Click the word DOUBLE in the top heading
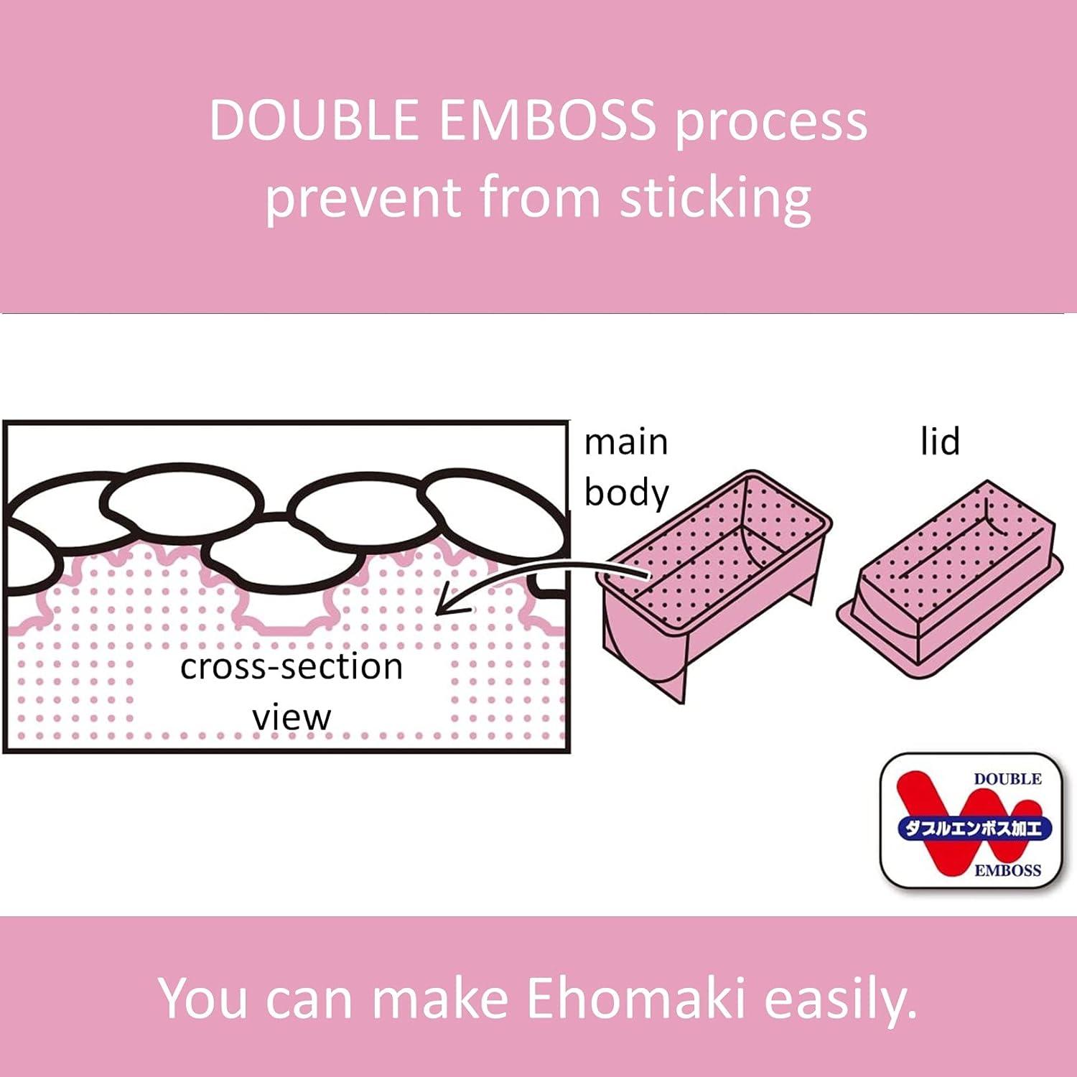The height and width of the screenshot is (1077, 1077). [x=314, y=120]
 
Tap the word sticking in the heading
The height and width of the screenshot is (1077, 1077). [x=716, y=197]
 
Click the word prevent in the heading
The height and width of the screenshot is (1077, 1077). [x=363, y=198]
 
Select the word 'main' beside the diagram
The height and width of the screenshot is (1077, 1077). [x=626, y=442]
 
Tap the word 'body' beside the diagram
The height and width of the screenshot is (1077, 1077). [x=626, y=493]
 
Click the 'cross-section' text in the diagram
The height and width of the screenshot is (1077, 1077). [x=292, y=666]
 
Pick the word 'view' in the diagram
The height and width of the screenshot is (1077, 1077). [x=292, y=717]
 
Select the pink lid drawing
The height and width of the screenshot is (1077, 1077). [x=948, y=582]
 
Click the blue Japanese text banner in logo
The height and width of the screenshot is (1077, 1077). [x=974, y=828]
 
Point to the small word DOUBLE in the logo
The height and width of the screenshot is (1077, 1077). [x=1007, y=779]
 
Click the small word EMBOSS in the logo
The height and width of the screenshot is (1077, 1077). [x=1007, y=870]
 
